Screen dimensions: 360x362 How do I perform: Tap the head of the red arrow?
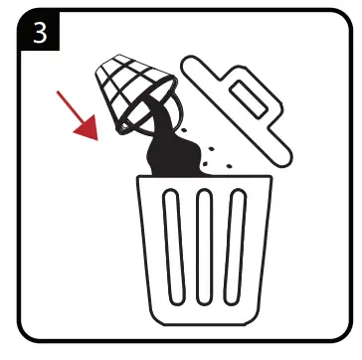point(92,131)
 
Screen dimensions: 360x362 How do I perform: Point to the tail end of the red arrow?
point(59,93)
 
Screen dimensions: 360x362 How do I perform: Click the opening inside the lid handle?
point(247,100)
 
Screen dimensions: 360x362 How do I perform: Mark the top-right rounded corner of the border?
point(343,18)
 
